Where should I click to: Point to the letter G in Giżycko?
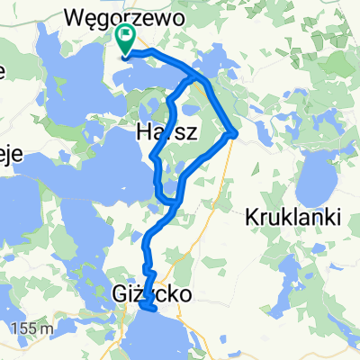pyautogui.click(x=119, y=293)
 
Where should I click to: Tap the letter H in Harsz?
pyautogui.click(x=143, y=131)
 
